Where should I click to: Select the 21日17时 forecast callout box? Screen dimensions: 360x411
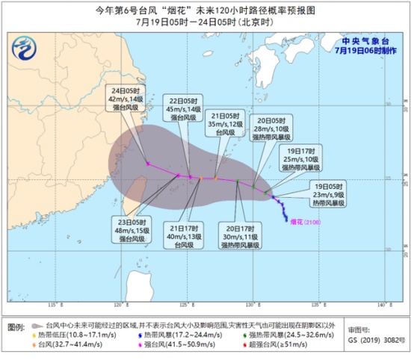click(185, 234)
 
